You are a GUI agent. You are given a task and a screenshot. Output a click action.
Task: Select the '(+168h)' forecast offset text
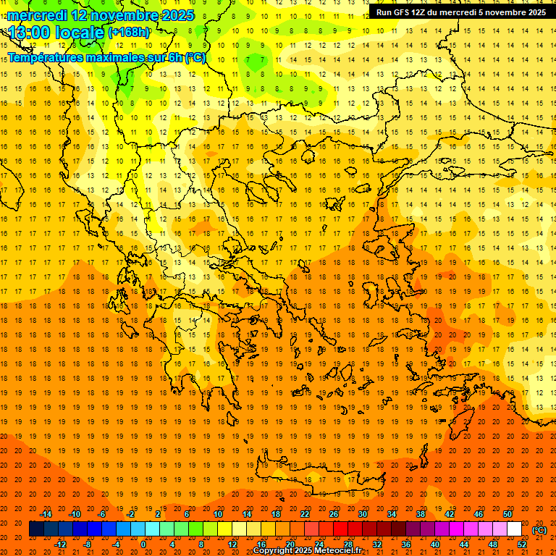click(129, 33)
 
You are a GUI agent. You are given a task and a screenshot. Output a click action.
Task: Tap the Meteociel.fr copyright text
click(308, 550)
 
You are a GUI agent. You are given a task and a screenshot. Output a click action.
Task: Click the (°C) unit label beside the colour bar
click(539, 530)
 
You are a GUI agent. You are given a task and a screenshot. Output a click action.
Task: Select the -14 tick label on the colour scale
click(46, 514)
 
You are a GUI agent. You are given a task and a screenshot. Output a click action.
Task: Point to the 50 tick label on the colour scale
click(507, 514)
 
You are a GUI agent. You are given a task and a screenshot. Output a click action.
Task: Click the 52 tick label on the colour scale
click(521, 544)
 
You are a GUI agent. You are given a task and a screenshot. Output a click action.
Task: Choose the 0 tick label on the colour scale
click(143, 544)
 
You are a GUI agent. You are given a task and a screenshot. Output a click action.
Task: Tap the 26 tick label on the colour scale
click(334, 514)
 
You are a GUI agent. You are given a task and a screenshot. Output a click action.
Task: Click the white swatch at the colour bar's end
click(514, 529)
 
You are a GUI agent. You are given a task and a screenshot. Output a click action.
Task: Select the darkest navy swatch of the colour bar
click(36, 529)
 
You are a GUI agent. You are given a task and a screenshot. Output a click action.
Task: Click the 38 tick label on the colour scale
click(421, 514)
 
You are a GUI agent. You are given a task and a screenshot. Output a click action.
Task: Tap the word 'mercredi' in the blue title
click(38, 14)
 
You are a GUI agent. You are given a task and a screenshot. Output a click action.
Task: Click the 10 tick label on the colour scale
click(217, 514)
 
